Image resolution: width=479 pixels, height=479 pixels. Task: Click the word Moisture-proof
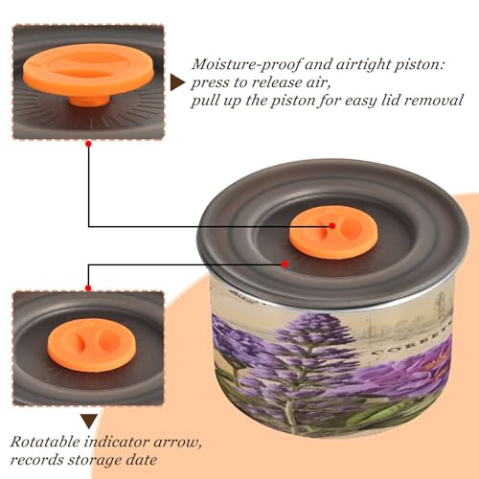[x=246, y=65]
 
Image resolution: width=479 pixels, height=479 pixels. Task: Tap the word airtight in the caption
[x=361, y=65]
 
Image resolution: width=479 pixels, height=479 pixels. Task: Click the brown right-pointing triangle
[x=177, y=82]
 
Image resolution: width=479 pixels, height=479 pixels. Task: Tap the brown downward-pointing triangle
[x=89, y=421]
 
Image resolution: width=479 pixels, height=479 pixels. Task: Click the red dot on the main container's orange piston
[x=332, y=226]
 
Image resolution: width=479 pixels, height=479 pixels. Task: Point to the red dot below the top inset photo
[x=89, y=144]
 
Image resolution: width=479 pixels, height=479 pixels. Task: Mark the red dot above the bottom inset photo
[x=88, y=288]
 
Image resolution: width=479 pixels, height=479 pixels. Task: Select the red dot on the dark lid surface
[x=285, y=264]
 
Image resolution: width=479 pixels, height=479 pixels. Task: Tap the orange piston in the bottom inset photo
[x=92, y=344]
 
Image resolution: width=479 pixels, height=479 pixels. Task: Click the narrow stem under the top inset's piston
[x=90, y=101]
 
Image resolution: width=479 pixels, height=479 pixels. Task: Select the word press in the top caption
[x=210, y=83]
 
